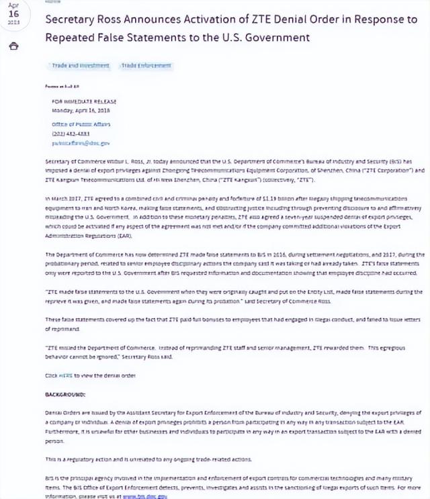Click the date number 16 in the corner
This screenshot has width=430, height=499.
tap(13, 14)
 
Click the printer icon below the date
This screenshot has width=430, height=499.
tap(14, 46)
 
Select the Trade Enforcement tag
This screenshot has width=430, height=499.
tap(146, 66)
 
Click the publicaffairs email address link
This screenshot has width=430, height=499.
tap(81, 143)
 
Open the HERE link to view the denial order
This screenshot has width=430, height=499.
tap(65, 376)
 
